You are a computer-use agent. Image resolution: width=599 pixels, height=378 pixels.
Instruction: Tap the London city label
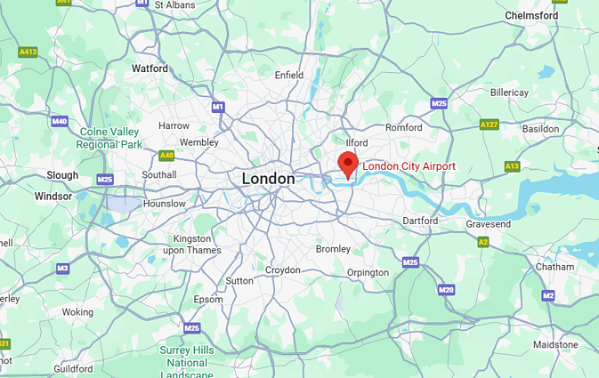(x=268, y=179)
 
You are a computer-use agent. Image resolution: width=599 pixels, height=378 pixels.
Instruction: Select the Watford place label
(x=150, y=68)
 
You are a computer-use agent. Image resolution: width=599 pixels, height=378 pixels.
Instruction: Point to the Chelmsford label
(x=531, y=16)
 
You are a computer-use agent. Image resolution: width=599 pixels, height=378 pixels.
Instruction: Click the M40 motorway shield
(x=60, y=121)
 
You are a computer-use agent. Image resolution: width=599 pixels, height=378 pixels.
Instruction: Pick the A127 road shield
(x=489, y=125)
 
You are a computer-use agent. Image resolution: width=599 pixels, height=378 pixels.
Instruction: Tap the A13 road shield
(x=512, y=166)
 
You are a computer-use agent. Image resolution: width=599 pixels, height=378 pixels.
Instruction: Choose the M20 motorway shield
(x=446, y=290)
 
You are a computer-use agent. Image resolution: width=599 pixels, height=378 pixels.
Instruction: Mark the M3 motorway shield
(x=62, y=268)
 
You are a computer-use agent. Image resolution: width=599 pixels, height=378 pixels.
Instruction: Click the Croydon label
(x=283, y=269)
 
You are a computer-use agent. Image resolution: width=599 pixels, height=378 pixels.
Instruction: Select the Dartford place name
(x=420, y=221)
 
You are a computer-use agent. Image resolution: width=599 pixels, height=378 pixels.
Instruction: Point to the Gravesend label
(x=488, y=224)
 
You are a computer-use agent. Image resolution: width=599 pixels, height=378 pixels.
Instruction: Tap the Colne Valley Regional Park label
(x=109, y=138)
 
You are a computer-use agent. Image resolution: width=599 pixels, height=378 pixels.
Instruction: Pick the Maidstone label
(x=555, y=344)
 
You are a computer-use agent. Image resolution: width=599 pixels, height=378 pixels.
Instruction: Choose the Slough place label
(x=62, y=175)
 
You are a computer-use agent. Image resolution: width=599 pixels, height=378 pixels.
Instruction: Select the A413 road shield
(x=28, y=52)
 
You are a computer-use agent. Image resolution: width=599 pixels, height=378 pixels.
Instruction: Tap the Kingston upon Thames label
(x=191, y=245)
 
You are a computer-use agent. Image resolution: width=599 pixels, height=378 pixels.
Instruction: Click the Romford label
(x=403, y=128)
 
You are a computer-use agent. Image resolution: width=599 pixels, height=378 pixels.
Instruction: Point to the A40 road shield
(x=166, y=156)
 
